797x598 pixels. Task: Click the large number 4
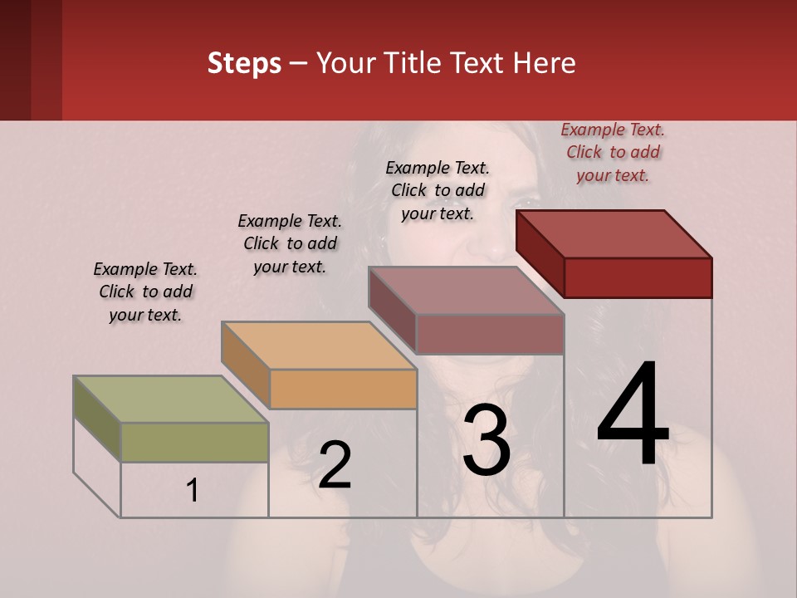tap(633, 415)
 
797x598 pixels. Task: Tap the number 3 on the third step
tap(487, 441)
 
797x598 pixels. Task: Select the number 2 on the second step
tap(335, 465)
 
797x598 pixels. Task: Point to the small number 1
tap(193, 491)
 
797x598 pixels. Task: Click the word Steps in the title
tap(244, 63)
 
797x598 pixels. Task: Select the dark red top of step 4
tap(614, 233)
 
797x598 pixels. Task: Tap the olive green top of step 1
tap(171, 399)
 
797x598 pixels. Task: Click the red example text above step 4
tap(613, 152)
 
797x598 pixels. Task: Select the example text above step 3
tap(438, 190)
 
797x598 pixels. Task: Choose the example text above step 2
tap(290, 243)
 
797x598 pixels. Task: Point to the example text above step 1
tap(145, 292)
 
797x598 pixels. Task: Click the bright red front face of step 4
tap(638, 277)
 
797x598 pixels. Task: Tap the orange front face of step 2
tap(343, 389)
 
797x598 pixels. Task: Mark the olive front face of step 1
tap(194, 442)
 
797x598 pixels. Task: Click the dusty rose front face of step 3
tap(490, 334)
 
